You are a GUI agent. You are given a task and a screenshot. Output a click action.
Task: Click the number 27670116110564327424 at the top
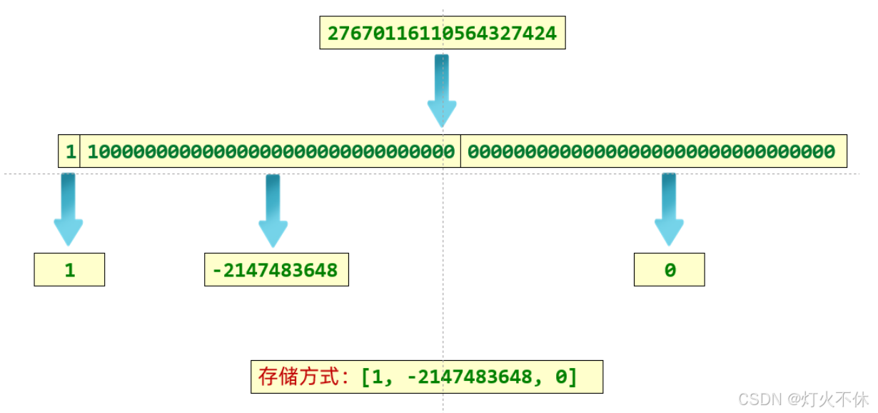click(x=442, y=34)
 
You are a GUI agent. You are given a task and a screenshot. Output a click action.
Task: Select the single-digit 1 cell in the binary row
click(x=70, y=151)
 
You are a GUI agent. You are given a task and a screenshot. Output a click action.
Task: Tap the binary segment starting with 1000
click(x=271, y=151)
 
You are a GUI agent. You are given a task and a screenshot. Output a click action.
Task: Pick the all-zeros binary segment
click(x=652, y=151)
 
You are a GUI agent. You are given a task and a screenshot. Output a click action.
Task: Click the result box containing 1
click(x=69, y=270)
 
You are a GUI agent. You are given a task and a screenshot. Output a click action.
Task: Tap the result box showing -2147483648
click(x=276, y=270)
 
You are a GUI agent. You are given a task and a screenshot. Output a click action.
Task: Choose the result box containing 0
click(x=669, y=270)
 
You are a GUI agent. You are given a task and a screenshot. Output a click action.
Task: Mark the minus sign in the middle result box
click(x=216, y=270)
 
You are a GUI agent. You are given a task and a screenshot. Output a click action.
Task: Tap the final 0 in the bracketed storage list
click(x=560, y=377)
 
